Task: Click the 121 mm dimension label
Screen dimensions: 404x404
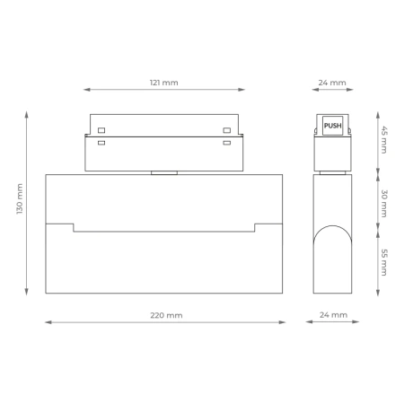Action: (163, 83)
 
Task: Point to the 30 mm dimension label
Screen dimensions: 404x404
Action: (384, 204)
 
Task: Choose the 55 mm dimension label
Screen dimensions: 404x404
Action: (384, 261)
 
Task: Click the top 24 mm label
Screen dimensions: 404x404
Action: (332, 83)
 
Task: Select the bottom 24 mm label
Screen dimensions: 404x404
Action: (332, 315)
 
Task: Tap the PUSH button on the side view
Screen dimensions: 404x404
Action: (332, 127)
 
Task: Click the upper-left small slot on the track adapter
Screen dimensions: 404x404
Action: (101, 130)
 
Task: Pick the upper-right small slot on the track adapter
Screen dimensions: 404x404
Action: (227, 130)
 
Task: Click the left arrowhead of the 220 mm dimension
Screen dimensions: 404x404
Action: (48, 322)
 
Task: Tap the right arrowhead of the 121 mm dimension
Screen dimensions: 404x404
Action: (242, 90)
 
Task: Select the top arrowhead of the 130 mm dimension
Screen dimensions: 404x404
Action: (27, 114)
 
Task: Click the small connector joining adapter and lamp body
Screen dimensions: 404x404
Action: (163, 172)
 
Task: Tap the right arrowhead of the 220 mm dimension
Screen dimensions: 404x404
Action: (282, 322)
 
